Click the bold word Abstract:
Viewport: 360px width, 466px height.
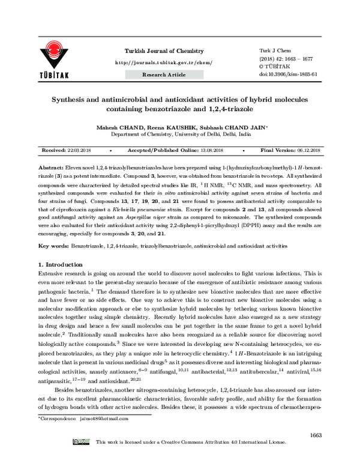coord(50,164)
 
